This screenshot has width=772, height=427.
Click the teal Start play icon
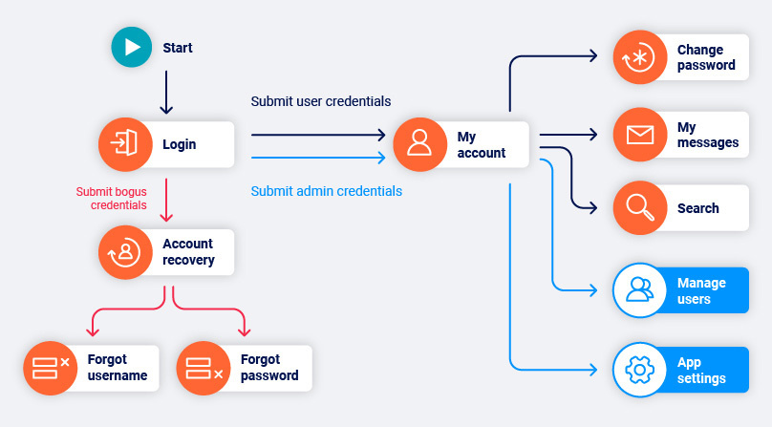pos(132,47)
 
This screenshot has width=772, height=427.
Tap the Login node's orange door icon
pos(124,144)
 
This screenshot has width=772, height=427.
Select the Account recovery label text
pos(188,252)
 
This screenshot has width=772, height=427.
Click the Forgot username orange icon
pos(50,368)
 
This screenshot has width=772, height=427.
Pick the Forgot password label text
pos(269,368)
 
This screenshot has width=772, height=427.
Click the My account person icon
pos(419,144)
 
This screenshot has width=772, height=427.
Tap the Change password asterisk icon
pos(638,57)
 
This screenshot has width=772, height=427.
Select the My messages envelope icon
pos(638,135)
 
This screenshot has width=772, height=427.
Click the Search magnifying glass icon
pos(638,208)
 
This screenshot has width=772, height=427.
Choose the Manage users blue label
pos(701,290)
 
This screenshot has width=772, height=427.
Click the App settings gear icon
pos(638,370)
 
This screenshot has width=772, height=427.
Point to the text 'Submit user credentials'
pos(320,101)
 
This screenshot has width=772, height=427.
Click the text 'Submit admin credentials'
pos(326,191)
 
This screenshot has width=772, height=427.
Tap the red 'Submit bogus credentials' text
pos(112,198)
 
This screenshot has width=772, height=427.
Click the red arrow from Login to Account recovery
pos(166,199)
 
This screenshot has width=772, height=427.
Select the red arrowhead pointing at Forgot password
pos(244,331)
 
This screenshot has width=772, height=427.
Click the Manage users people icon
pos(638,289)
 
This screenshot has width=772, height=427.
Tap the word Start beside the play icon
pos(178,48)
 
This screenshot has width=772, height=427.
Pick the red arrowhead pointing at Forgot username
pos(93,331)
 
